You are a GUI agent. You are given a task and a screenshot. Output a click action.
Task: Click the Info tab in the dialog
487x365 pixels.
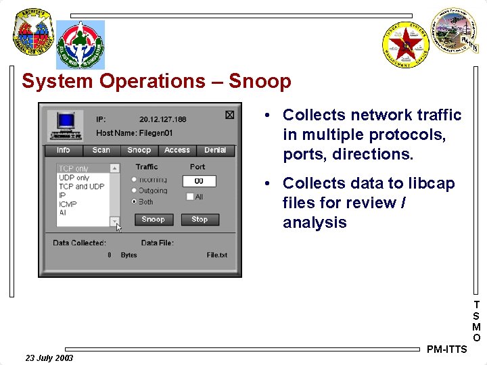(64, 150)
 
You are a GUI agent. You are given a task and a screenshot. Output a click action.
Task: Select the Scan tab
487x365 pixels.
(101, 150)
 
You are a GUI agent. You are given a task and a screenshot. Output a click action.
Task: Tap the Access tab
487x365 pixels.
(177, 150)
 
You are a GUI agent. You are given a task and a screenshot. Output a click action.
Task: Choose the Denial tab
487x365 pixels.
(215, 150)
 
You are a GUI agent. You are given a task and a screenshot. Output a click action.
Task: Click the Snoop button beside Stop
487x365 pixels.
(154, 220)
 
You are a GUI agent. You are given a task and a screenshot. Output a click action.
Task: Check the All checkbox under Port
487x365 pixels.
(190, 197)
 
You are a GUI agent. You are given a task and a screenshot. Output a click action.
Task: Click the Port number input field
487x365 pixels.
(199, 181)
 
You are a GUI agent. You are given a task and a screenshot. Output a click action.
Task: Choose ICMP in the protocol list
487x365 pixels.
(68, 203)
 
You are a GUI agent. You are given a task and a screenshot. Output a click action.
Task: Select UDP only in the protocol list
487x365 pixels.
(74, 178)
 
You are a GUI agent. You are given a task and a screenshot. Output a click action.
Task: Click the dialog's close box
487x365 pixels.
(229, 115)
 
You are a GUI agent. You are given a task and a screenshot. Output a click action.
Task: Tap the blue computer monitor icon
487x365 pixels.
(66, 122)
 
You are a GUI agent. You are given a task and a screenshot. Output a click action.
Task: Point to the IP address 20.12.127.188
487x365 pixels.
(163, 119)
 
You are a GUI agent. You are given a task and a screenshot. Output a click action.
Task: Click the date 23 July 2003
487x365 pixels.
(49, 358)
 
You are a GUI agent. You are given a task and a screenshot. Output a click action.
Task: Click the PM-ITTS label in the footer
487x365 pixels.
(447, 349)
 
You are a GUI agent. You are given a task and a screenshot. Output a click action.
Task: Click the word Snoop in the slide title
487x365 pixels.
(260, 82)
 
